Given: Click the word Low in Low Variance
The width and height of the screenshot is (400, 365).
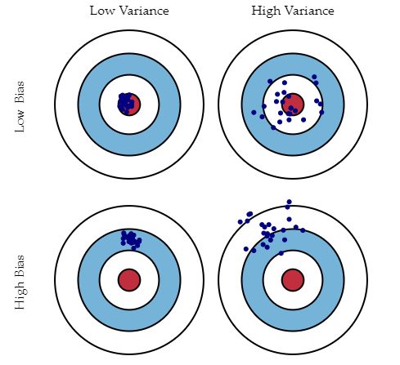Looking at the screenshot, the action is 102,11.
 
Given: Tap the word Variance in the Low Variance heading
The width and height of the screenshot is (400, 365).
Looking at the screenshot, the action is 144,11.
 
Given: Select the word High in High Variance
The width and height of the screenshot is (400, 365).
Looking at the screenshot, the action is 266,11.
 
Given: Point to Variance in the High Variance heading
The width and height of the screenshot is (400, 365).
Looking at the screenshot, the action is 309,11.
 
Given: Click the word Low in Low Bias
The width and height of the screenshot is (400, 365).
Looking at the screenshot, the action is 20,121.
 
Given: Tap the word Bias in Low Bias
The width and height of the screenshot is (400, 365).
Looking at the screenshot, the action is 20,91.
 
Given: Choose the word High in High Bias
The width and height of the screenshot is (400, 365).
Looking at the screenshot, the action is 20,296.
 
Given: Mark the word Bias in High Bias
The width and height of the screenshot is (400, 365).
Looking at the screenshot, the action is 20,266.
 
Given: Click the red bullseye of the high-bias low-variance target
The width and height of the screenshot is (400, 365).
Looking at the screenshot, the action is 129,280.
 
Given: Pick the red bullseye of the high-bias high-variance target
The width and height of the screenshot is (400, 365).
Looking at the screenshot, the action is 293,280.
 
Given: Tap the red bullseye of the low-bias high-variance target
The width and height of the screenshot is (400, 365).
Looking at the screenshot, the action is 293,105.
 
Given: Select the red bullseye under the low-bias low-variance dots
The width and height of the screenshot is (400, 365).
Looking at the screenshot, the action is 129,105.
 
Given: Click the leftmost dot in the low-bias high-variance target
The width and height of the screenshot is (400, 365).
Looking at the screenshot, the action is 254,113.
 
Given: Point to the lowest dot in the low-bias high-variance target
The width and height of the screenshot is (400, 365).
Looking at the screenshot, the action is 273,127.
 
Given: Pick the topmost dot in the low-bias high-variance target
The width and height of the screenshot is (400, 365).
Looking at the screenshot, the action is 314,77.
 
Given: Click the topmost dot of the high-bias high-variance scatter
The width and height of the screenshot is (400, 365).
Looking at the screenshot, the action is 290,202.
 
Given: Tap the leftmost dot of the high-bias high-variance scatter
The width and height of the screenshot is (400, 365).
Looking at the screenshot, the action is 240,222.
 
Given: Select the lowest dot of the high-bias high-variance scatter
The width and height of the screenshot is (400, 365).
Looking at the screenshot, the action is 281,253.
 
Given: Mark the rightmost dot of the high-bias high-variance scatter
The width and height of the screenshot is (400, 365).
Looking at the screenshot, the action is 303,230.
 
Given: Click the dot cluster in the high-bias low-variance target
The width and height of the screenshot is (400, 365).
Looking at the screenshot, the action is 131,240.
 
